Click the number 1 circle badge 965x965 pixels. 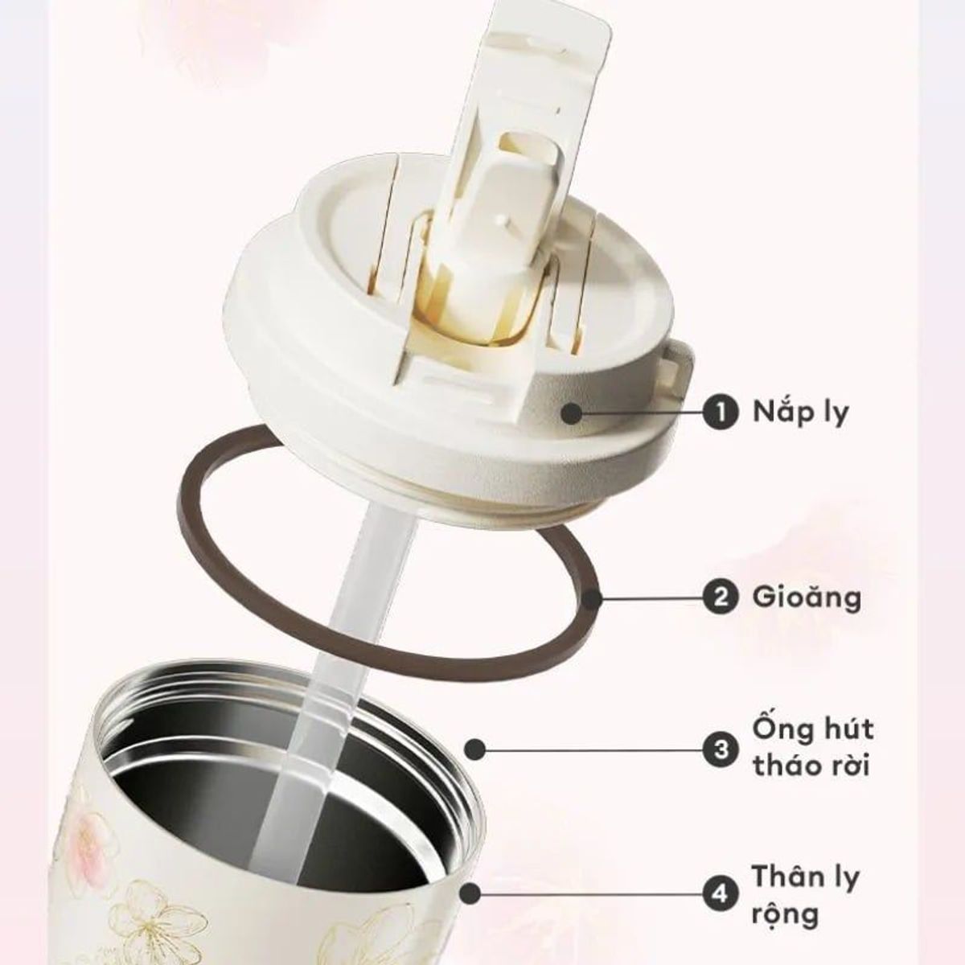point(721,413)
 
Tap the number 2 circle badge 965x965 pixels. point(721,598)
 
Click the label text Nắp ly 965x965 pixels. point(801,413)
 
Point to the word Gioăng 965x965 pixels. point(807,597)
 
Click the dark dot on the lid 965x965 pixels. point(572,414)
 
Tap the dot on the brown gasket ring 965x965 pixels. point(593,598)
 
